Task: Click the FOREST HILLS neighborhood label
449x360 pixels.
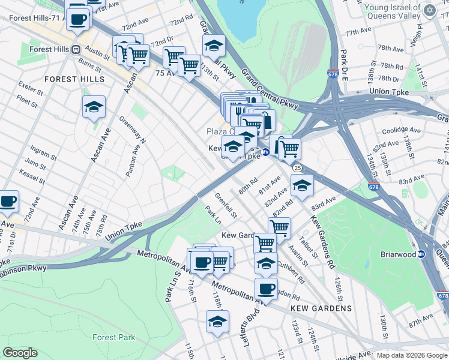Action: point(74,79)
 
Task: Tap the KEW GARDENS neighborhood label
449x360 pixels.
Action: point(321,308)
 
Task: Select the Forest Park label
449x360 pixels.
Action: point(113,337)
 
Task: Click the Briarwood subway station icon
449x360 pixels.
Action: point(421,254)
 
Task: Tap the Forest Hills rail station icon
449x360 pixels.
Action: point(76,50)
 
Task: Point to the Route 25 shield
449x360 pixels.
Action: point(297,169)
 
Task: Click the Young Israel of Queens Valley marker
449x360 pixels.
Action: point(429,11)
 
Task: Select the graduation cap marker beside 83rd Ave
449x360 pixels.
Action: point(303,185)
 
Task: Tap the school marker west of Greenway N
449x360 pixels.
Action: point(94,106)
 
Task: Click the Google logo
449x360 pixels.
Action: point(20,353)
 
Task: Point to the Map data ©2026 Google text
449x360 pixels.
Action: point(411,355)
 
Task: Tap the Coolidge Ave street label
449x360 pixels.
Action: point(399,130)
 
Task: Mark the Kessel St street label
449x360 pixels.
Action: point(29,176)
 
